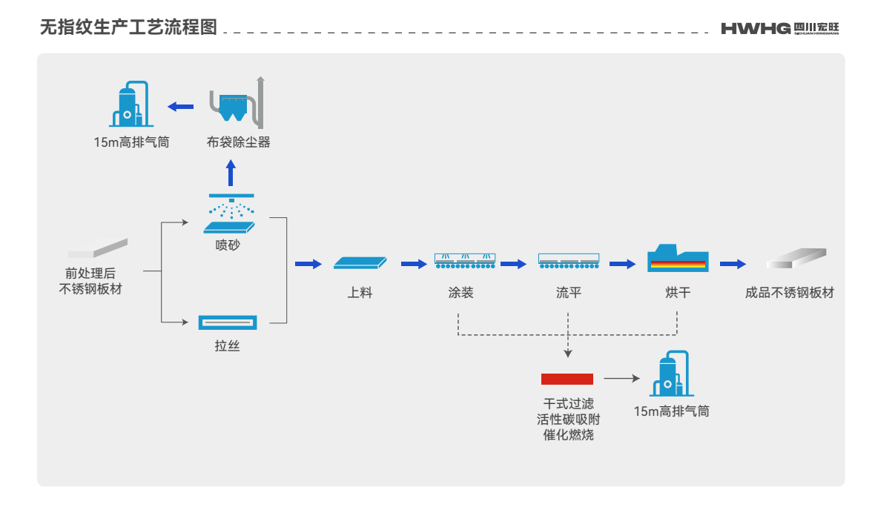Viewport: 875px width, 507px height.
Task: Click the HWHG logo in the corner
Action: [779, 28]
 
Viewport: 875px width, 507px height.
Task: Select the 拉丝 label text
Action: [228, 345]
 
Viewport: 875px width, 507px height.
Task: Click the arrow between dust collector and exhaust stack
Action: [180, 107]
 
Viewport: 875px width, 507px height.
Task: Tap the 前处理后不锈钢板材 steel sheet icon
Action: [98, 248]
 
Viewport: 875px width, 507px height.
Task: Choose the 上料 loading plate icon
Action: [360, 262]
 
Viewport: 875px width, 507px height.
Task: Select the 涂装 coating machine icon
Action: [464, 260]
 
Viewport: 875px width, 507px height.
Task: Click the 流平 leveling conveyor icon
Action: [568, 260]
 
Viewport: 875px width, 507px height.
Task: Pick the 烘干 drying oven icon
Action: [676, 259]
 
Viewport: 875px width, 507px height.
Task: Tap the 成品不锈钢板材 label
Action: [789, 293]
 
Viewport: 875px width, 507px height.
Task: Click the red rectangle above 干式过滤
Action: [567, 379]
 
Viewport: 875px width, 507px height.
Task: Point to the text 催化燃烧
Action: [568, 435]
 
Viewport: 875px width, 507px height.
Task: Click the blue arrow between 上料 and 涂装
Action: [414, 263]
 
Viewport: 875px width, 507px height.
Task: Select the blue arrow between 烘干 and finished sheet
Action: [733, 263]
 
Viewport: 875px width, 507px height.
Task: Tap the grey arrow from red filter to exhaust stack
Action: [621, 379]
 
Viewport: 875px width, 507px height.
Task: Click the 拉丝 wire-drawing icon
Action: [228, 322]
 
